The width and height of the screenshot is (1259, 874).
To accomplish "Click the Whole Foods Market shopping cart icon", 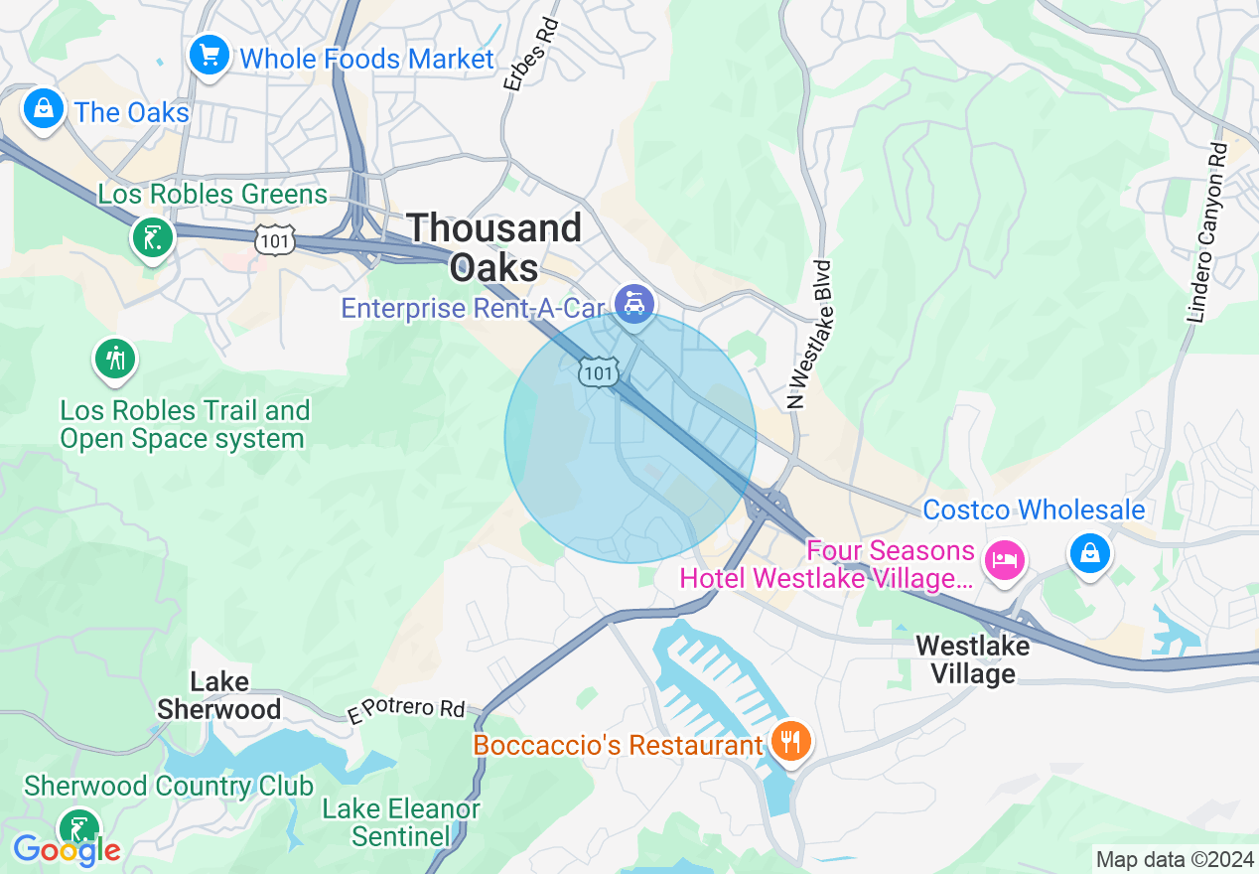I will coord(210,55).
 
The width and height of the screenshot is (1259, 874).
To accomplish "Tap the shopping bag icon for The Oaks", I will coord(44,108).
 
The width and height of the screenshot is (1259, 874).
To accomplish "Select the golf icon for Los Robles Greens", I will coord(153,237).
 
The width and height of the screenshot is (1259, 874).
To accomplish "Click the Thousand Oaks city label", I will coord(494,247).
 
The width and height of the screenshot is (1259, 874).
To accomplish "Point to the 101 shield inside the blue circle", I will coord(599,372).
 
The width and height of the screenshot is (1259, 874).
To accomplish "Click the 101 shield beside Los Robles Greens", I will coord(272,238).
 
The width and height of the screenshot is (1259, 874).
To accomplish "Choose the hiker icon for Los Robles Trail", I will coord(116,359).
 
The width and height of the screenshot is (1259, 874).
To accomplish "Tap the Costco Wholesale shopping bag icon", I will coord(1089,553).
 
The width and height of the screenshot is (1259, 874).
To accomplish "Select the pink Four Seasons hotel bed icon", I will coord(1004,559).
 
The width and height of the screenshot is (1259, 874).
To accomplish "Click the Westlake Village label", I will coord(972,659).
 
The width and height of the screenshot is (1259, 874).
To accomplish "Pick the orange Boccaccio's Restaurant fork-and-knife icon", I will coord(791,741).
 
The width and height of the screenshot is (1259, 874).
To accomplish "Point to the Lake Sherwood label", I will coord(219,695).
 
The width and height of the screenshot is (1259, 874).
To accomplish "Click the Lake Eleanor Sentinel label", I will coord(401,822).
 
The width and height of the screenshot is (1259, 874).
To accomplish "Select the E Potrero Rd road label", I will coord(406,709).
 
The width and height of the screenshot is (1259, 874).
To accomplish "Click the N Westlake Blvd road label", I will coord(808,335).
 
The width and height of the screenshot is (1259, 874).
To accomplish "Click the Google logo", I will coord(67,850).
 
